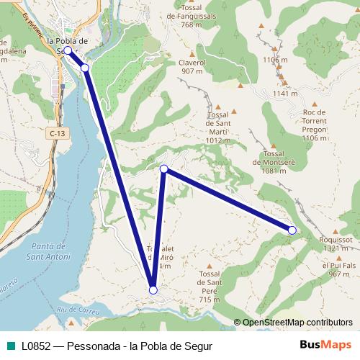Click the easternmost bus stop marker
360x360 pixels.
[292, 230]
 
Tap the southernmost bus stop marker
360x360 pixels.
[153, 290]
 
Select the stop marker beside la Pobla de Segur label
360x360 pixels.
[68, 50]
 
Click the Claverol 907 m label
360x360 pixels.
[192, 67]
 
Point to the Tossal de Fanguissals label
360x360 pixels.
[191, 16]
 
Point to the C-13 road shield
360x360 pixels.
[58, 133]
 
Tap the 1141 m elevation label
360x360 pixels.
[285, 94]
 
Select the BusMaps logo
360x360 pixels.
[325, 345]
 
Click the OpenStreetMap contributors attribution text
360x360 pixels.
[297, 323]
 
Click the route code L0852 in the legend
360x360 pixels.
[36, 346]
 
